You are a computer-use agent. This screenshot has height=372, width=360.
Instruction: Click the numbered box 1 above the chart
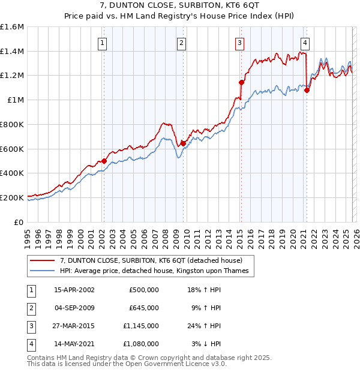click(x=103, y=43)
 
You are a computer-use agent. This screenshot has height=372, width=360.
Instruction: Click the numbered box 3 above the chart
click(x=239, y=43)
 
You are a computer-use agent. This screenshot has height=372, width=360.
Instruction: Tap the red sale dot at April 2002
click(x=104, y=161)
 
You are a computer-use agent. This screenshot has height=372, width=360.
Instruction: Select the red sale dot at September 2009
click(x=183, y=143)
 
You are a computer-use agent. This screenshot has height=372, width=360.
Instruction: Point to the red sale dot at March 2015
click(x=241, y=82)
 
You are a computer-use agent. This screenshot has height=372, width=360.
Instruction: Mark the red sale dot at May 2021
click(x=307, y=91)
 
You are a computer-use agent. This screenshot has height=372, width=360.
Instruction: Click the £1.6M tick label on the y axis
click(x=12, y=27)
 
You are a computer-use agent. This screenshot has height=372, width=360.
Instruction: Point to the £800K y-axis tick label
click(x=12, y=124)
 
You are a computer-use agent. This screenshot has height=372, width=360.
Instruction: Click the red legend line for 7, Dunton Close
click(x=43, y=261)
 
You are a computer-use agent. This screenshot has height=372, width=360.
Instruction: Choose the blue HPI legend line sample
click(x=43, y=272)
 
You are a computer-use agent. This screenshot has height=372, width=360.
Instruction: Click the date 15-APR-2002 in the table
click(x=74, y=290)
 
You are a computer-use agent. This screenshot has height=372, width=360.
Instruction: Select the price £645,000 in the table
click(x=144, y=308)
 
